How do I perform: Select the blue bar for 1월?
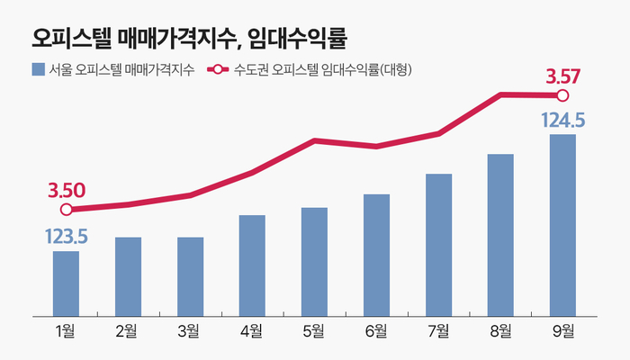click(x=66, y=283)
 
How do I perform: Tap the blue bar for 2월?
click(x=128, y=276)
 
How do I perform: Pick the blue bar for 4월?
click(x=252, y=265)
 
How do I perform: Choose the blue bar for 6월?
click(x=376, y=255)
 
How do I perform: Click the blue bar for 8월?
click(x=500, y=235)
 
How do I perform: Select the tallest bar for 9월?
click(x=562, y=225)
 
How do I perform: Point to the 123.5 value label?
click(x=66, y=237)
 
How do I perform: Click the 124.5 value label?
click(x=563, y=119)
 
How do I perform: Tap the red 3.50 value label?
click(x=67, y=190)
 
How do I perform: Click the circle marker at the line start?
click(x=66, y=211)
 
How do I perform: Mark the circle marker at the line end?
click(x=563, y=95)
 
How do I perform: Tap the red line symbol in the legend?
click(x=217, y=69)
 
